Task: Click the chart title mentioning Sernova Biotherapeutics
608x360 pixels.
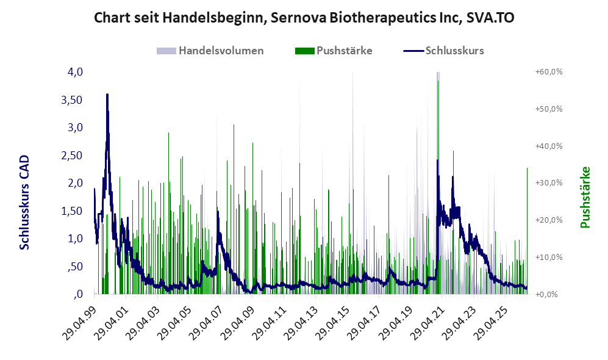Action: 304,18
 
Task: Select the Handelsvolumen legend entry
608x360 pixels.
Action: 210,51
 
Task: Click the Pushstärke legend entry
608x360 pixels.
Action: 334,51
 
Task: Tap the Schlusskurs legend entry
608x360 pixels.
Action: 443,51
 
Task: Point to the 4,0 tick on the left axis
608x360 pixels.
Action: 75,72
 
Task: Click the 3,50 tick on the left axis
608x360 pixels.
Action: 72,99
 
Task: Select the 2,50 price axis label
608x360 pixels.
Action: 72,155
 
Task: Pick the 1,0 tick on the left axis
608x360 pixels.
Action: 75,239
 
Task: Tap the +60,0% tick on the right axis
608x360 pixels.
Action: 549,72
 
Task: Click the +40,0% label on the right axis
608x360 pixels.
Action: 549,146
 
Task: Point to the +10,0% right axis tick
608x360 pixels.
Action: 549,257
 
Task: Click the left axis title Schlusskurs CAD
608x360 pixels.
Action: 24,202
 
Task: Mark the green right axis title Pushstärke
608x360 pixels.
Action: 585,198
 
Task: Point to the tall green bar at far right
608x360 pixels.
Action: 527,231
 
